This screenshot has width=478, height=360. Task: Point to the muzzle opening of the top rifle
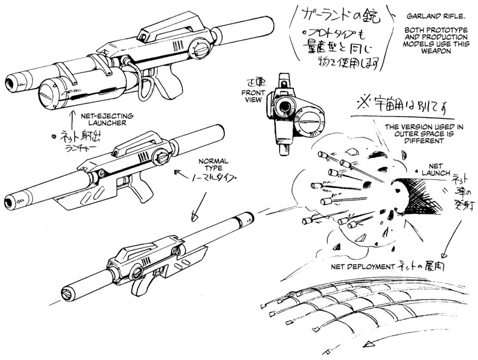pyautogui.click(x=13, y=83)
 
